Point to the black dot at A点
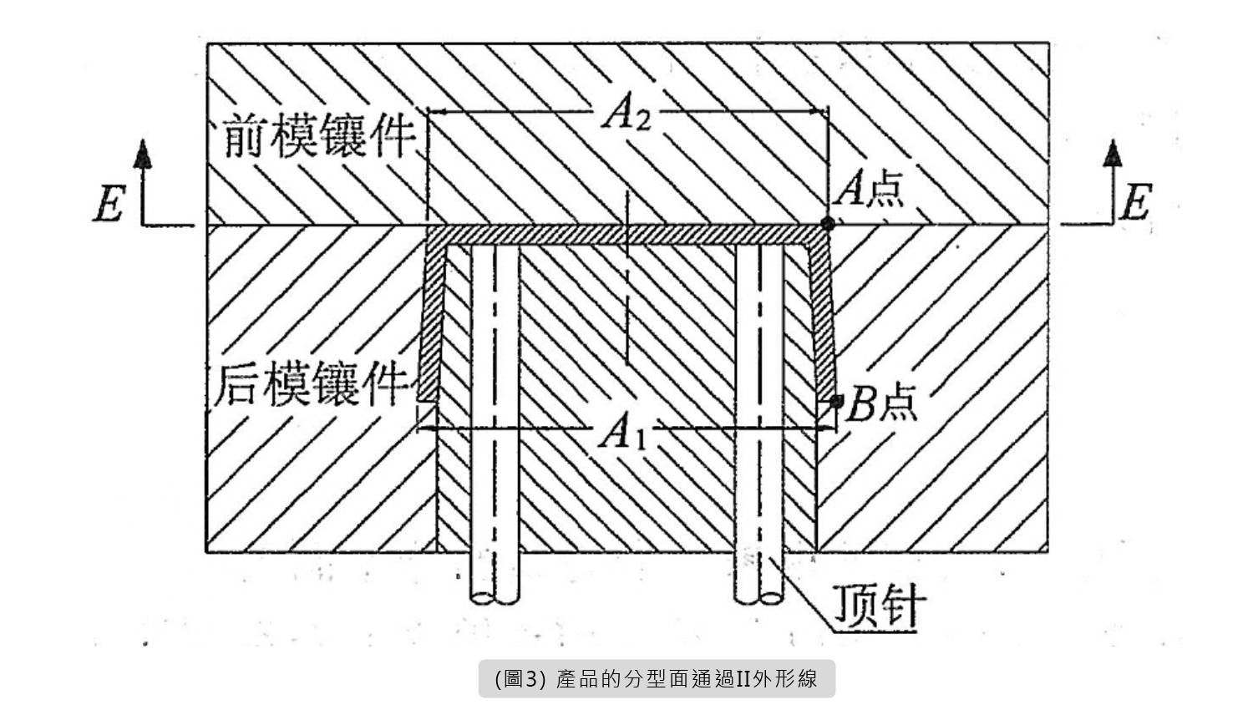(x=827, y=223)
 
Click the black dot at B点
(x=835, y=402)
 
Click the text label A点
(x=870, y=189)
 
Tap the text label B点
(x=880, y=405)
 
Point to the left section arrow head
(x=144, y=155)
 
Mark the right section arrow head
(x=1112, y=155)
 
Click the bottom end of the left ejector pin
(x=494, y=596)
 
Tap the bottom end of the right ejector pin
(x=759, y=596)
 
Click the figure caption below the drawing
(x=657, y=678)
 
